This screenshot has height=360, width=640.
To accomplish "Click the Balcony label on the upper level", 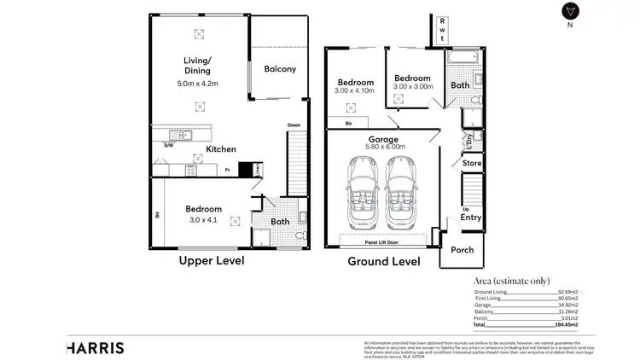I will [279, 69].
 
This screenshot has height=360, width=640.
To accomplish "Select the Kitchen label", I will [220, 149].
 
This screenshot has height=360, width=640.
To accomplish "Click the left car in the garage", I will [363, 195].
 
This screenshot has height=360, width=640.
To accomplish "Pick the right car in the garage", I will [402, 195].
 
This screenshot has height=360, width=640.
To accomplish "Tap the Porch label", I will [463, 250].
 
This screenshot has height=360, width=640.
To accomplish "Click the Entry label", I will [471, 218].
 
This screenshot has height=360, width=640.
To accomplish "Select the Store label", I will [472, 162].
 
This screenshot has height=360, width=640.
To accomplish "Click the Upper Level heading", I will [212, 260].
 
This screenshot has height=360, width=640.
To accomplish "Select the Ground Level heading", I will [383, 261].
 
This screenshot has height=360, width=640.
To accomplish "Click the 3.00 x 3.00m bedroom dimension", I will [413, 86].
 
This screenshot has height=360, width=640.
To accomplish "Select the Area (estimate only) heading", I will [515, 280].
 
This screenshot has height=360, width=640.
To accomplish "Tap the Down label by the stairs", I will [294, 125].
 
